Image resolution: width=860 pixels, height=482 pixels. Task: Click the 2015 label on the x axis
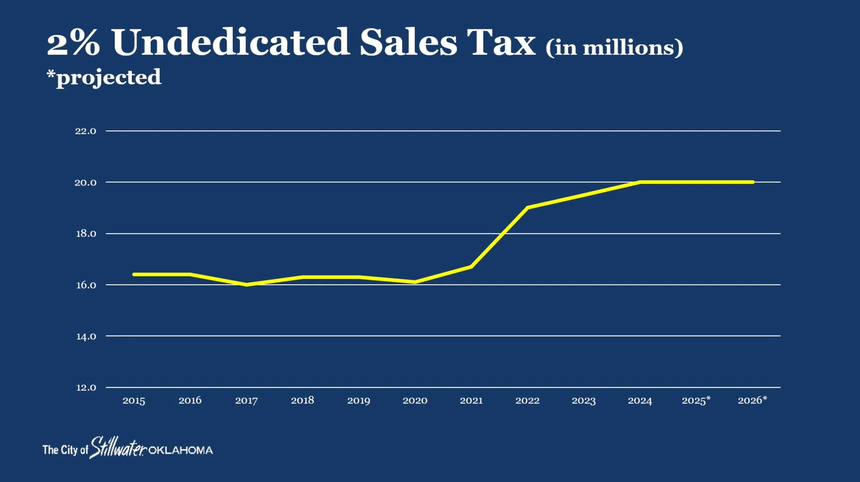pyautogui.click(x=134, y=401)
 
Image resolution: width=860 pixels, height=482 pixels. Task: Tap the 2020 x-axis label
pyautogui.click(x=415, y=401)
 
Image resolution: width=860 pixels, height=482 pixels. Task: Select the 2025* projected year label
pyautogui.click(x=696, y=401)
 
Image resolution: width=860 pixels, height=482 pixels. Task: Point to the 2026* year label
pyautogui.click(x=752, y=401)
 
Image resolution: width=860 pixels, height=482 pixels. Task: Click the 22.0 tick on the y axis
pyautogui.click(x=86, y=131)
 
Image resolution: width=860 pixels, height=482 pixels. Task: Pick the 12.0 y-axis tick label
pyautogui.click(x=86, y=388)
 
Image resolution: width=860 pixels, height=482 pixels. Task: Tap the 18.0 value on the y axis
pyautogui.click(x=86, y=234)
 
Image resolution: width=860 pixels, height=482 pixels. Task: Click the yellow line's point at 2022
pyautogui.click(x=528, y=208)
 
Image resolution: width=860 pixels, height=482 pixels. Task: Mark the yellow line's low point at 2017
pyautogui.click(x=246, y=285)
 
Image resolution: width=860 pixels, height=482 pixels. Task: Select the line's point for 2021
pyautogui.click(x=471, y=267)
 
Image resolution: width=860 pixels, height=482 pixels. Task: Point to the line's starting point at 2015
pyautogui.click(x=134, y=274)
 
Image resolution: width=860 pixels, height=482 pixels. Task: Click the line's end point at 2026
pyautogui.click(x=752, y=182)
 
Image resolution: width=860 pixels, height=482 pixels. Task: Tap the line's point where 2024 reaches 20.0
pyautogui.click(x=640, y=182)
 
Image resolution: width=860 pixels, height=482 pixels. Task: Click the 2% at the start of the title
pyautogui.click(x=73, y=43)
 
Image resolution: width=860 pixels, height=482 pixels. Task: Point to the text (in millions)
pyautogui.click(x=614, y=47)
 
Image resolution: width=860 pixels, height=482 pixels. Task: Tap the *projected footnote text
pyautogui.click(x=104, y=77)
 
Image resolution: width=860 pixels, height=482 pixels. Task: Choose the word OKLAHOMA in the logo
pyautogui.click(x=181, y=451)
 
